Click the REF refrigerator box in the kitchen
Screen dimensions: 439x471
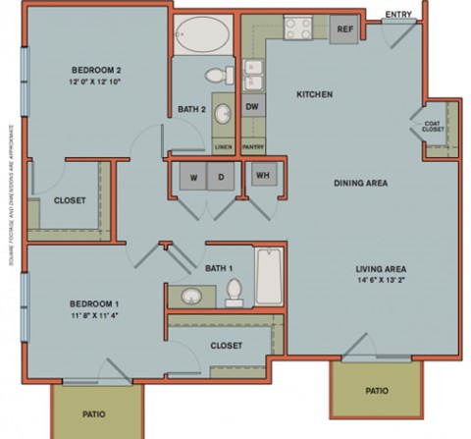coord(343,28)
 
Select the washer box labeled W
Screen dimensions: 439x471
coord(192,177)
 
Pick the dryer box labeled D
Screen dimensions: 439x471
coord(222,177)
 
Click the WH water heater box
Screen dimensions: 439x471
coord(262,175)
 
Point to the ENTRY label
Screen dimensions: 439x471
coord(397,14)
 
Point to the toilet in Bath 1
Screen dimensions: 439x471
coord(234,291)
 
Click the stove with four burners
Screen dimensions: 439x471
coord(297,29)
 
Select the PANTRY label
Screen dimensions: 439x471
coord(252,146)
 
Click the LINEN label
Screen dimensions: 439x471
coord(223,146)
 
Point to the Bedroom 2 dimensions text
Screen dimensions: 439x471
coord(81,82)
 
